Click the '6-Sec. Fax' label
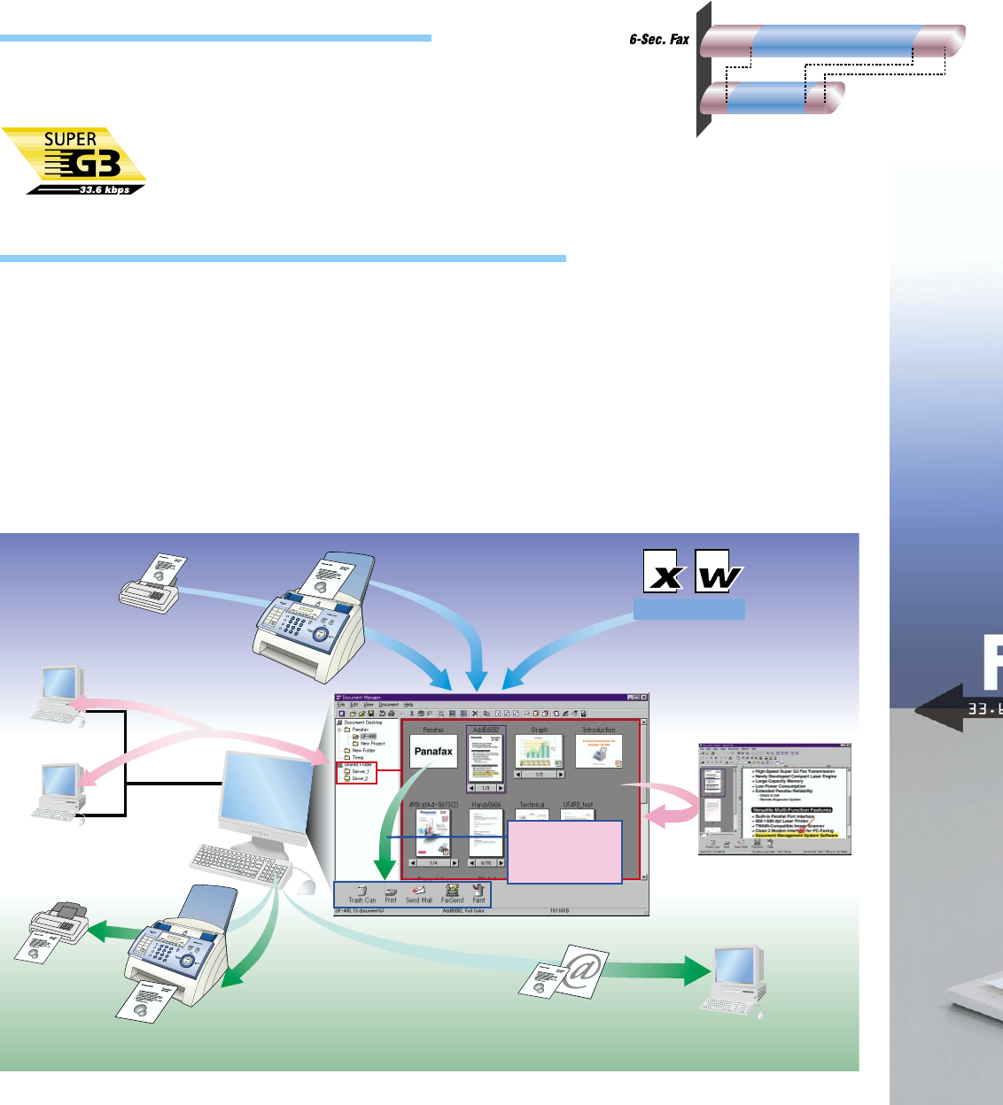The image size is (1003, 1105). (x=658, y=39)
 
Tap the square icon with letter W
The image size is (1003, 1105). (x=719, y=572)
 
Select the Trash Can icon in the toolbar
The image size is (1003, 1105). (x=362, y=892)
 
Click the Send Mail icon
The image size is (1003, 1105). (x=419, y=892)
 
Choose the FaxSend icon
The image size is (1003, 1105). (x=452, y=892)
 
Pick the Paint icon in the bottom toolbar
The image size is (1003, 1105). (x=478, y=892)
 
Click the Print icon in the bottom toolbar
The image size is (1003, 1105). (x=390, y=892)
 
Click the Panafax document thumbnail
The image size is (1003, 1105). (x=433, y=751)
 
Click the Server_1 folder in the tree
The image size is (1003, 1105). (x=359, y=772)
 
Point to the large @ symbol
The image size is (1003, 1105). (x=580, y=970)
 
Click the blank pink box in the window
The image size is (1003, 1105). (x=564, y=852)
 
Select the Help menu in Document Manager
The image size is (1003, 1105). (x=408, y=705)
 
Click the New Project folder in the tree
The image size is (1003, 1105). (x=371, y=744)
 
